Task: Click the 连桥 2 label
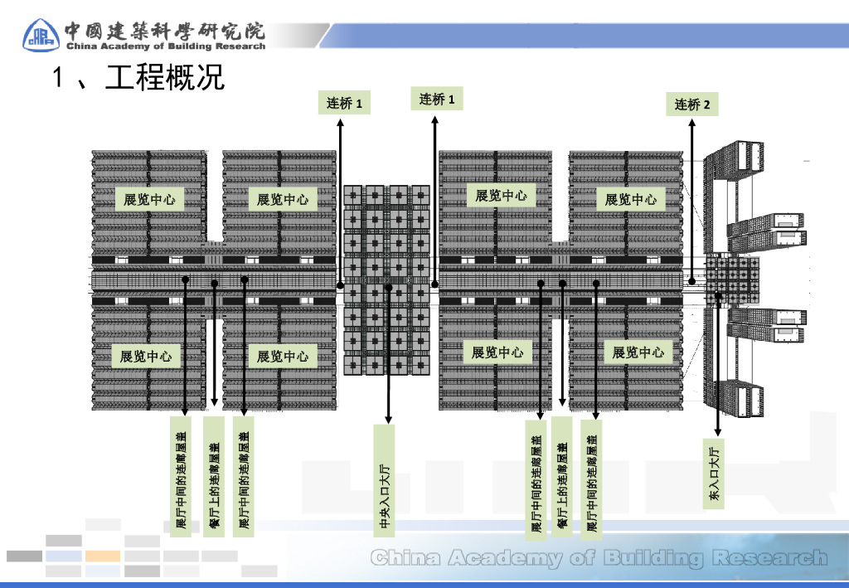click(692, 104)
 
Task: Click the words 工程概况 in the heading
click(165, 79)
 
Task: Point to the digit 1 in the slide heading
click(58, 79)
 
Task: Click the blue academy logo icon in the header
click(41, 34)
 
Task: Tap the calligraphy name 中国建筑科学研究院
click(165, 31)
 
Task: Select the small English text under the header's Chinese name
click(165, 46)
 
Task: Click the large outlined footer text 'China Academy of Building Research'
click(599, 558)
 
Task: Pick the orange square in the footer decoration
click(103, 556)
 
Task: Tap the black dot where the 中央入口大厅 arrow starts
click(389, 289)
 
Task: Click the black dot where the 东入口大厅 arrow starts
click(719, 294)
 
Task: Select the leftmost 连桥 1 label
click(344, 103)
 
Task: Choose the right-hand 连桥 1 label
click(437, 100)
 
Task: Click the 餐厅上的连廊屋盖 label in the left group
click(214, 477)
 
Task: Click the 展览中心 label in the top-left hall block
click(149, 199)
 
